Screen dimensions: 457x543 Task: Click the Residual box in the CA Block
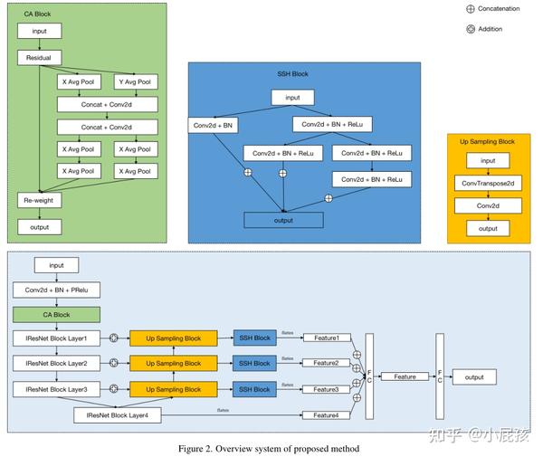point(38,57)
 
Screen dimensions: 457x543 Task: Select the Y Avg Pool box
point(133,82)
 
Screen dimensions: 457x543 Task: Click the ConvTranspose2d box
point(488,184)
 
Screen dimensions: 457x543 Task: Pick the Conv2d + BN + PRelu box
point(56,290)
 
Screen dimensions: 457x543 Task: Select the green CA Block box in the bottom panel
point(56,315)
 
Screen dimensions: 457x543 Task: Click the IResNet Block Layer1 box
point(56,338)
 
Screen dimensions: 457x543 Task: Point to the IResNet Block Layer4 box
point(118,415)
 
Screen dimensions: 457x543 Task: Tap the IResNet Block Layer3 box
point(56,389)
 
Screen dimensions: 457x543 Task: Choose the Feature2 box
point(327,364)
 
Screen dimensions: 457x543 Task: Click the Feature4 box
point(327,415)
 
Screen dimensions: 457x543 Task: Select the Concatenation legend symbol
point(470,9)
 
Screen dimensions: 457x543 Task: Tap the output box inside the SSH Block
point(284,220)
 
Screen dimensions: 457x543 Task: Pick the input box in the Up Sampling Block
point(488,161)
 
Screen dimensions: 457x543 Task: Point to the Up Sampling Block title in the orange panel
point(488,142)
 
